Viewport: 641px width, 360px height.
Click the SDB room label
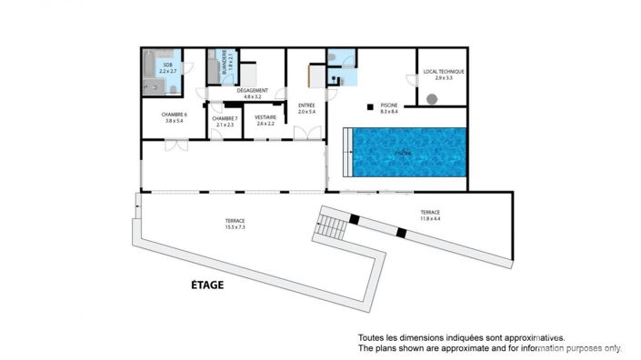point(168,65)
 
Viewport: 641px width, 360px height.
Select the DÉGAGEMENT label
point(252,90)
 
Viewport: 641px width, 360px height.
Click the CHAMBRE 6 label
point(174,115)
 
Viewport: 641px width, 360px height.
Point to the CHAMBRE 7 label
point(224,118)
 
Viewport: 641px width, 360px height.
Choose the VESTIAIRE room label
point(265,117)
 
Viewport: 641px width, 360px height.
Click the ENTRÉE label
point(306,106)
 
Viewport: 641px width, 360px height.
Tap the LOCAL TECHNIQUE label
point(444,71)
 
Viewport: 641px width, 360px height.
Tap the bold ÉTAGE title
point(207,285)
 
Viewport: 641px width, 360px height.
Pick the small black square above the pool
point(370,107)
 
